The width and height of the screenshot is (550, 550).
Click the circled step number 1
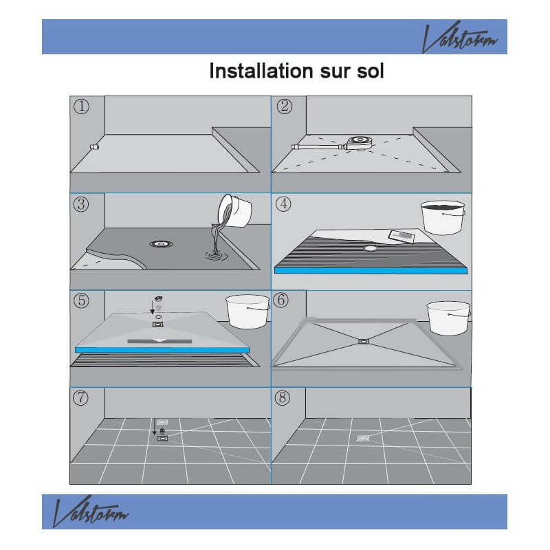click(x=81, y=107)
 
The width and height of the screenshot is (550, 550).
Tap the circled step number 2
click(x=285, y=107)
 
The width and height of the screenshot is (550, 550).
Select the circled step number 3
click(x=81, y=204)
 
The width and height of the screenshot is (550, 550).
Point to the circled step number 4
click(x=283, y=203)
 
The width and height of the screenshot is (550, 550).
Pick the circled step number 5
click(x=81, y=300)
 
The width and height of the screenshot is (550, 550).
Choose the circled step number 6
click(x=281, y=300)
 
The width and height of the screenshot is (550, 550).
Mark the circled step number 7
click(x=80, y=398)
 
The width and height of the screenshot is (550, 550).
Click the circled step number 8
click(x=283, y=398)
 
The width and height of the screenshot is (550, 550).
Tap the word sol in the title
click(x=371, y=71)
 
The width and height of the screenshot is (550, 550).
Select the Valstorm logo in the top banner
click(x=459, y=37)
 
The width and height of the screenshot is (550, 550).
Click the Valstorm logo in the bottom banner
click(x=91, y=511)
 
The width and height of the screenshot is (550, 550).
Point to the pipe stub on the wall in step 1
click(x=94, y=146)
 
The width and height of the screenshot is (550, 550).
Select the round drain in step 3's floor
click(x=162, y=244)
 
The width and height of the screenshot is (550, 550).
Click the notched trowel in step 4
click(x=401, y=236)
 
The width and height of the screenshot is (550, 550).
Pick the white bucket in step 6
click(x=448, y=318)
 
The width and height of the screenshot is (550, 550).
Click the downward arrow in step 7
click(x=154, y=426)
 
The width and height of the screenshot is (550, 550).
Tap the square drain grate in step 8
click(x=363, y=438)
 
